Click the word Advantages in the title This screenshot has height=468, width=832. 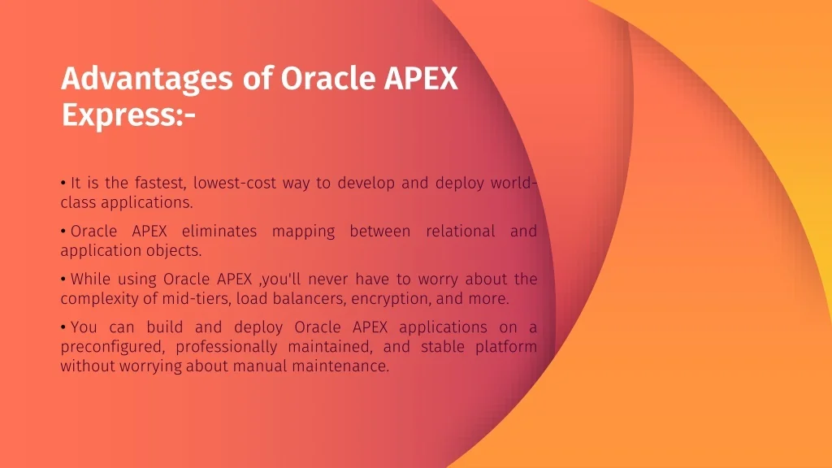click(147, 80)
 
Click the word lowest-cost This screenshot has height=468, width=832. click(235, 183)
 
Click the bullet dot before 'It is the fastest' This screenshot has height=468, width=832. click(63, 183)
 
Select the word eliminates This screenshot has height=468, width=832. click(219, 231)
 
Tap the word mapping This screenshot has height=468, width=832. click(304, 232)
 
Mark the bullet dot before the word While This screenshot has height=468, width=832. click(63, 279)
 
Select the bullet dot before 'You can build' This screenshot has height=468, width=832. click(63, 327)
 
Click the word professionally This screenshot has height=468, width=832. click(227, 347)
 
